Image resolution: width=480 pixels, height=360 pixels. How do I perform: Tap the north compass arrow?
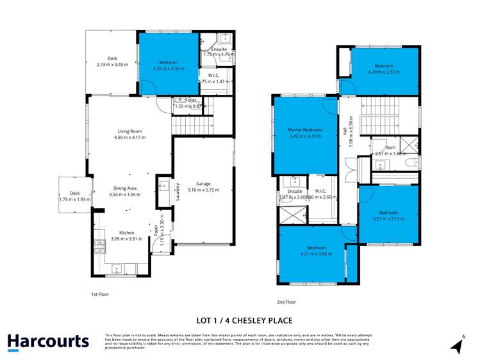point(457,345)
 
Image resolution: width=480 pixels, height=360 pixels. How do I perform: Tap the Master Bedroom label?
point(305,130)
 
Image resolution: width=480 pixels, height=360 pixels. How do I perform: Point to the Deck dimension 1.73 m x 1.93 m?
point(74,199)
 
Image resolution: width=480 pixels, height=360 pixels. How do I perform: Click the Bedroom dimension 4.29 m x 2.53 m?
point(384,72)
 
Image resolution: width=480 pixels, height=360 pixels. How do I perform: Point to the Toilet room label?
point(190,101)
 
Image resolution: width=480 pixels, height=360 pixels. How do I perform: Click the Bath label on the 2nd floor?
point(390,147)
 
